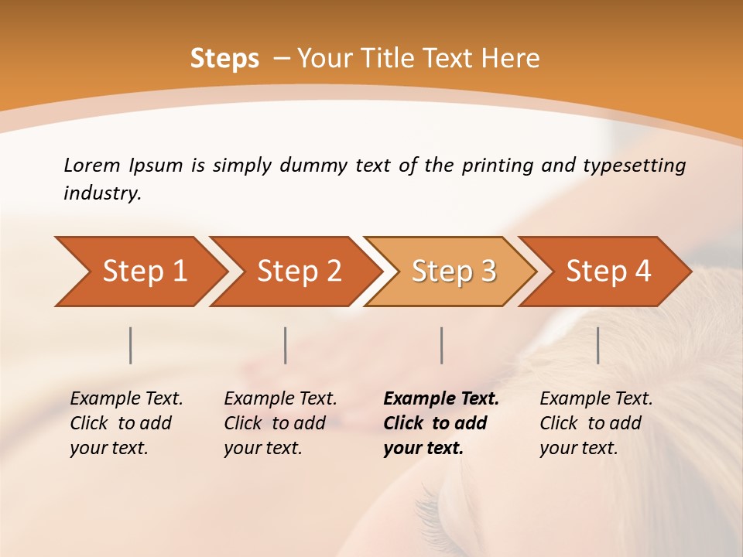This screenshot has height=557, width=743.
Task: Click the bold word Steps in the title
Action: tap(224, 59)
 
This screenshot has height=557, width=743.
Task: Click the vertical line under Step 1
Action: tap(131, 345)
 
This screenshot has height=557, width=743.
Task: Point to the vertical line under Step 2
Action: tap(286, 345)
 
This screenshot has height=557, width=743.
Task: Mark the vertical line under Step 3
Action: tap(442, 345)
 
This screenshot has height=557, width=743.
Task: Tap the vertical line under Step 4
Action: tap(598, 345)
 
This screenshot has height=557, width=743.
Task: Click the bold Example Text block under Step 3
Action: tap(440, 423)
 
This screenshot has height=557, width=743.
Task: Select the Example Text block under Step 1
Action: tap(126, 423)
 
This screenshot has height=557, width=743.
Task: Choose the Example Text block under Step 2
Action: tap(280, 423)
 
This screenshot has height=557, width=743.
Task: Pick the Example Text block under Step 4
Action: tap(595, 423)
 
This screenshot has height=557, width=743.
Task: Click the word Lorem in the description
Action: tap(91, 166)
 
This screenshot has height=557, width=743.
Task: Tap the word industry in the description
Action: tap(102, 193)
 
